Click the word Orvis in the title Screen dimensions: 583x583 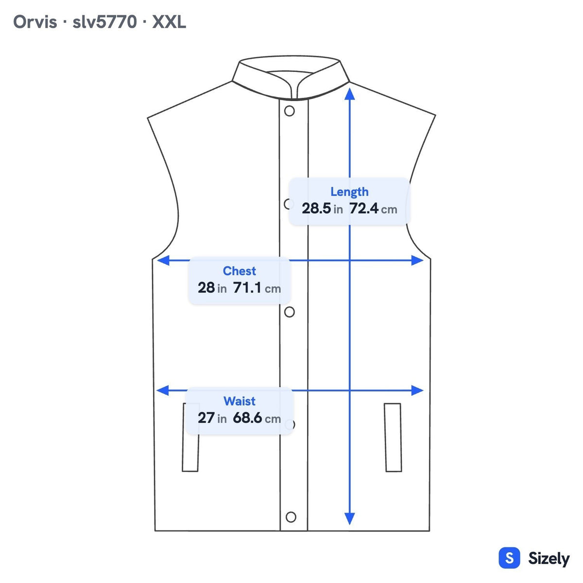(35, 22)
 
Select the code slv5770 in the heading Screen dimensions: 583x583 (104, 22)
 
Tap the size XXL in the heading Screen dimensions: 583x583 (169, 22)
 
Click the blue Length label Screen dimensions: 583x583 (349, 192)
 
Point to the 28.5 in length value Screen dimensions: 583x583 (322, 208)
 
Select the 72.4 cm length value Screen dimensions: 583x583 (373, 208)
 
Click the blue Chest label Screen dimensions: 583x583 (240, 271)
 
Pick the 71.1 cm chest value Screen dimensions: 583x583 (257, 288)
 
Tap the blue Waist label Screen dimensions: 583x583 (240, 401)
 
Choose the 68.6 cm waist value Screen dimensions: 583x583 (257, 418)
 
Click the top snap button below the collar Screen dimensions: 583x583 (290, 111)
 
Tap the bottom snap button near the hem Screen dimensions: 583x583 (291, 517)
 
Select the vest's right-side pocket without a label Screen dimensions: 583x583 (393, 437)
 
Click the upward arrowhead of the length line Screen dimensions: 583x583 (350, 93)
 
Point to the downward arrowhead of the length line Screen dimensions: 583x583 (350, 518)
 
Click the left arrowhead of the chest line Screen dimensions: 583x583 (163, 260)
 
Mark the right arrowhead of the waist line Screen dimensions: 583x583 (417, 390)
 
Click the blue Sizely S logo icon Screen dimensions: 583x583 (510, 558)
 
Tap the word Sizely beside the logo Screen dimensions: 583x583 (549, 559)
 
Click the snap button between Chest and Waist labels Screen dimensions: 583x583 (290, 312)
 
